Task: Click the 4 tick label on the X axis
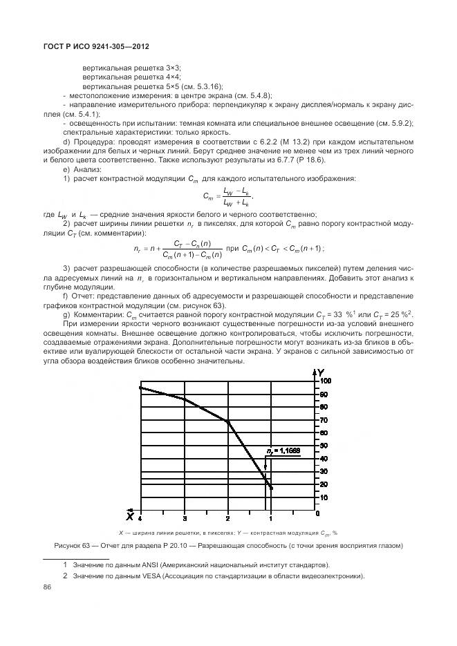click(x=140, y=517)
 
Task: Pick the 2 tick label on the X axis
click(x=228, y=517)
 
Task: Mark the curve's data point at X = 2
click(x=228, y=421)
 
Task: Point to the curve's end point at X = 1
click(x=272, y=488)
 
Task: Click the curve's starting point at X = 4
click(x=140, y=388)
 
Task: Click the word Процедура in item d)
click(x=91, y=142)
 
